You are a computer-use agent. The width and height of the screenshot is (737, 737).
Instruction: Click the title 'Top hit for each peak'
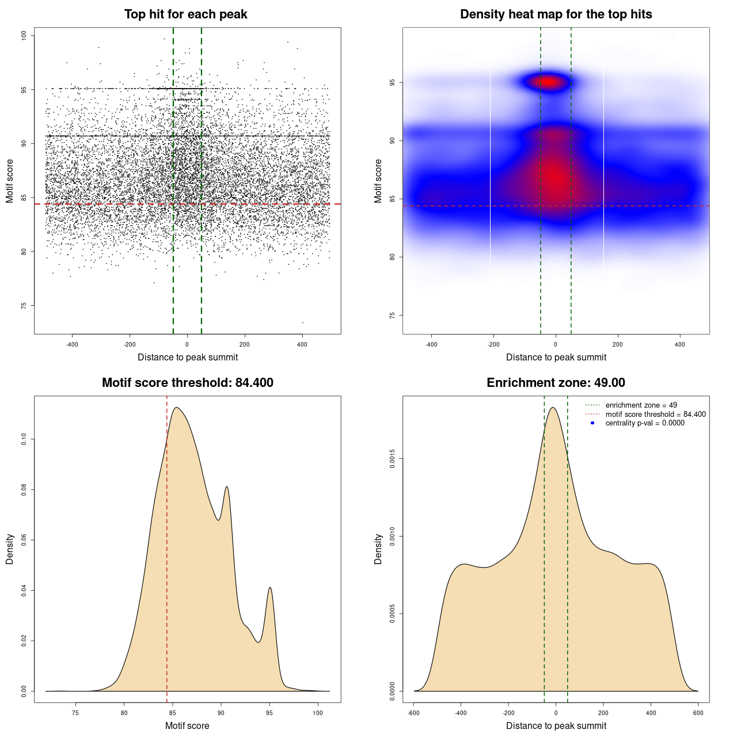(x=185, y=14)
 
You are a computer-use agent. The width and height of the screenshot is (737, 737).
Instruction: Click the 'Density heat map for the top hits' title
(x=556, y=14)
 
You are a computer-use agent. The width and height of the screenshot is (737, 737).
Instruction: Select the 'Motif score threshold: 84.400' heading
(x=187, y=383)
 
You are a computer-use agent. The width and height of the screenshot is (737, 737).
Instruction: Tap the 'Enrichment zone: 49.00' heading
(x=556, y=383)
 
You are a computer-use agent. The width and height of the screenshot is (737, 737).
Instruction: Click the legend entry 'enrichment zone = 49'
(x=641, y=405)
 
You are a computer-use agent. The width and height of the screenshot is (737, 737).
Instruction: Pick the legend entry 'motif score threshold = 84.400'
(x=655, y=415)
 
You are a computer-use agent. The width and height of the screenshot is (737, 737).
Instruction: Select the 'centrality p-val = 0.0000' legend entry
(x=645, y=423)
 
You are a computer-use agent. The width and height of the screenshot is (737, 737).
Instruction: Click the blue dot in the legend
(x=592, y=423)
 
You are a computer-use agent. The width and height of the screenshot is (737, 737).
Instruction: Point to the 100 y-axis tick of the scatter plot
(x=24, y=36)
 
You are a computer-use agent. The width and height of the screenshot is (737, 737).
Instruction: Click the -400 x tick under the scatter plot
(x=72, y=344)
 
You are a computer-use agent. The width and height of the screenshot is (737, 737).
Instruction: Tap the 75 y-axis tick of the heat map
(x=393, y=315)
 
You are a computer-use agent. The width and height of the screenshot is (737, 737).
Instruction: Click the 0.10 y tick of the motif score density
(x=24, y=439)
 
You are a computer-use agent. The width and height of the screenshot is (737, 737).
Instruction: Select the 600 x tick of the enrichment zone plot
(x=698, y=713)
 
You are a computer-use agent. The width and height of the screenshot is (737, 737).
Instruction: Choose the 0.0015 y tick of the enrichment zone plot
(x=393, y=459)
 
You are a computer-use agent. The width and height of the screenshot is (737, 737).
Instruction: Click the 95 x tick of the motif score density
(x=269, y=713)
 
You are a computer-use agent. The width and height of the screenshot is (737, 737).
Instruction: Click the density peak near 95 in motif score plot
(x=270, y=588)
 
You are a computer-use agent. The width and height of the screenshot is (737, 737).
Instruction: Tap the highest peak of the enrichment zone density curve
(x=553, y=408)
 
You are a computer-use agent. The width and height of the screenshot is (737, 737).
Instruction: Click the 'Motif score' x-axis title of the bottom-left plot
(x=187, y=725)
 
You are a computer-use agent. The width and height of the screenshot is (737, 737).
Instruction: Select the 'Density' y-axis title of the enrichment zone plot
(x=378, y=549)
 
